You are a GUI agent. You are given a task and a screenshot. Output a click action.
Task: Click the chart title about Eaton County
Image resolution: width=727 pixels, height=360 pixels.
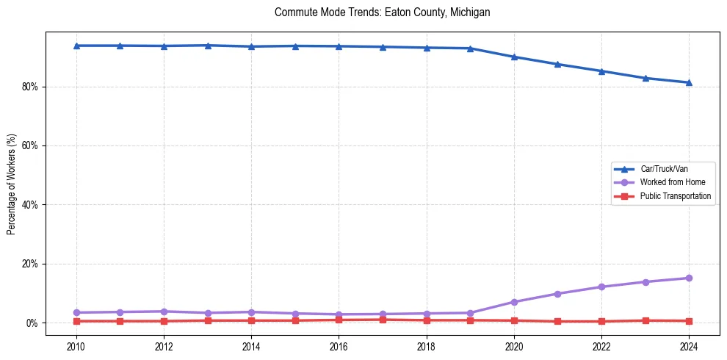(x=382, y=12)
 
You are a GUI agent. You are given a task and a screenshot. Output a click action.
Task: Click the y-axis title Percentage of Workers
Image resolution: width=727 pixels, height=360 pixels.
(x=12, y=184)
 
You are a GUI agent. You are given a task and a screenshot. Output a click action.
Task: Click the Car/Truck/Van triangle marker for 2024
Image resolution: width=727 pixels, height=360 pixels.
(x=689, y=82)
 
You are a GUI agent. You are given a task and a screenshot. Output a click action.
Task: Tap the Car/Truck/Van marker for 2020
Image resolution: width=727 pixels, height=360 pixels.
(x=514, y=57)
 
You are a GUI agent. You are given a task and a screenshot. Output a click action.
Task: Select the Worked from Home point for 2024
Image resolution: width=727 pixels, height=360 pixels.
(x=689, y=278)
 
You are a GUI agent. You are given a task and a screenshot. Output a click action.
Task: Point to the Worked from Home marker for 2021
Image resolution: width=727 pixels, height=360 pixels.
(x=557, y=294)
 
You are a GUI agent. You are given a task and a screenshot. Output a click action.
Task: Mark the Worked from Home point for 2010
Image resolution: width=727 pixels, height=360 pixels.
(x=76, y=312)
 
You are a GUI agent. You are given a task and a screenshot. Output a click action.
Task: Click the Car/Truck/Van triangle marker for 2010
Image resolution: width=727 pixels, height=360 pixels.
(x=76, y=46)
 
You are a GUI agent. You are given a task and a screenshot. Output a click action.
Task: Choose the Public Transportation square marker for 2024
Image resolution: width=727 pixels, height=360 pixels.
(x=689, y=321)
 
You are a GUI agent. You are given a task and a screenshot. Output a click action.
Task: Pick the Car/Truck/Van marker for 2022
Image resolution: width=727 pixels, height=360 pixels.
(x=601, y=71)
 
